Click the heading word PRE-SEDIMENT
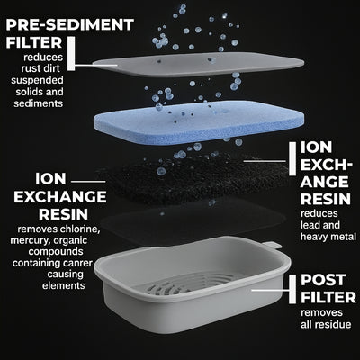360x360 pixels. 69,25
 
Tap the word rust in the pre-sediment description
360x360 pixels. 30,68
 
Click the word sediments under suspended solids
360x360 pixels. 39,103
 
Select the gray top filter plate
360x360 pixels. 198,65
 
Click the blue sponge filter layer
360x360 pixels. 197,122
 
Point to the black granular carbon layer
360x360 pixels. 192,177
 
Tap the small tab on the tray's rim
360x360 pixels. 273,245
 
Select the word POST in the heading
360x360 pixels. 323,280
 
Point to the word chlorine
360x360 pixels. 79,229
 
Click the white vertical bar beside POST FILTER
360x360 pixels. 292,289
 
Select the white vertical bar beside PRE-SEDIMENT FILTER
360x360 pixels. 71,54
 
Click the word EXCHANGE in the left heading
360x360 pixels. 60,197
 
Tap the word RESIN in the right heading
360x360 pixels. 326,199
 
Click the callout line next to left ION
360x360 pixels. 88,182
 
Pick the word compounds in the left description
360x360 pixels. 56,251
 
